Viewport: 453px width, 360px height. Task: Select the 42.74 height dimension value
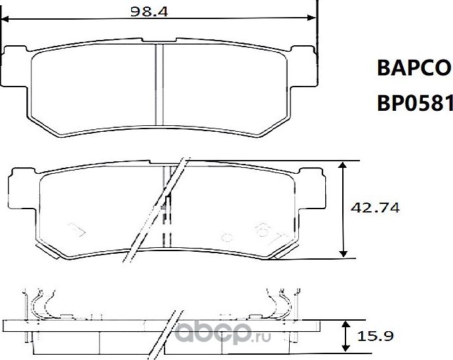pos(376,208)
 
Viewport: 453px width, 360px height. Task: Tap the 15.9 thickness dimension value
pos(376,337)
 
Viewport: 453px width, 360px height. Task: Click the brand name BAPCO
pos(413,68)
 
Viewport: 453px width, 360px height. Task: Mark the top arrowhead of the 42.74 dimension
pos(342,165)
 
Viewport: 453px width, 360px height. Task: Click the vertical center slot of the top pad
pos(158,84)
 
